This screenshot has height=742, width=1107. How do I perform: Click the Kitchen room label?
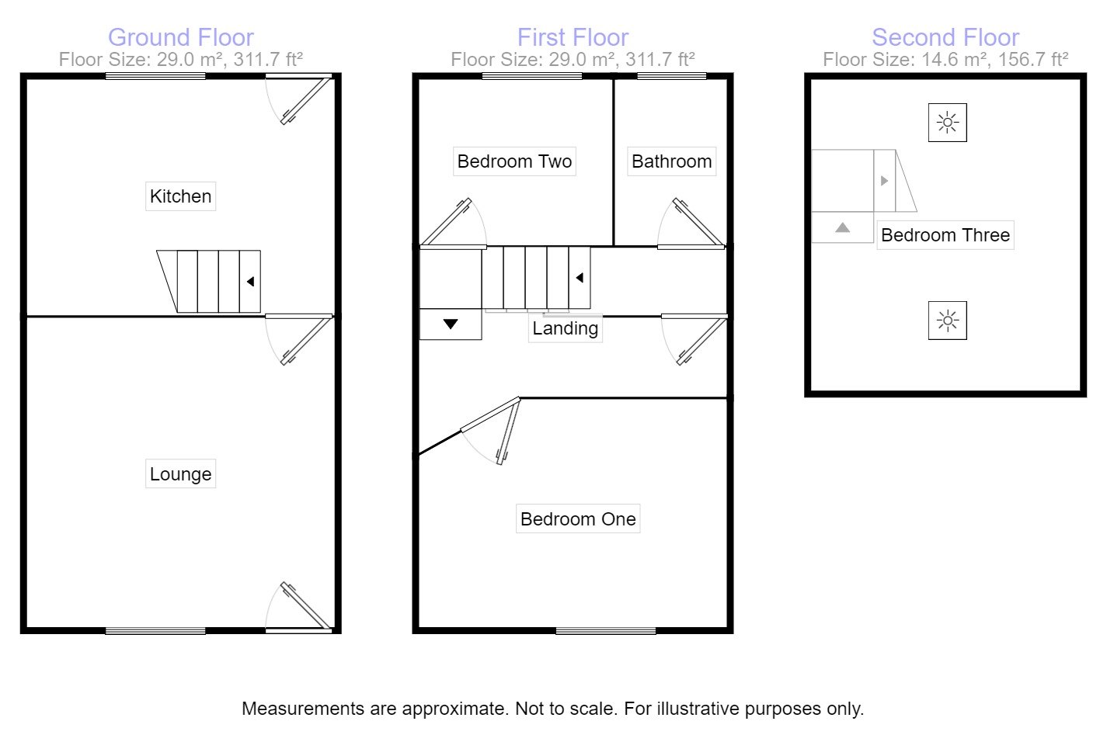pos(180,196)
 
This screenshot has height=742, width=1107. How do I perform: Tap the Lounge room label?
pos(180,474)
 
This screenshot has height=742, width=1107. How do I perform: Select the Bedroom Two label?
pos(514,161)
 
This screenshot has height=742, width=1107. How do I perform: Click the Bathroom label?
pos(672,161)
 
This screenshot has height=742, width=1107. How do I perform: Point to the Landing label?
pos(565,328)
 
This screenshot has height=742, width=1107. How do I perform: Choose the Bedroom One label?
pos(578,519)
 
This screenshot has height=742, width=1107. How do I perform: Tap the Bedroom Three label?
pos(945,235)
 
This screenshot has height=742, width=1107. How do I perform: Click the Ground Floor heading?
pos(180,37)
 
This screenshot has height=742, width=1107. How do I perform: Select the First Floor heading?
pos(573,37)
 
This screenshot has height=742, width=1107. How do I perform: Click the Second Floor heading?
pos(945,37)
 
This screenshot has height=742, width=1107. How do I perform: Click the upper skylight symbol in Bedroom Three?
pos(947,123)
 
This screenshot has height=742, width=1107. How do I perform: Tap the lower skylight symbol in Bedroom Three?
pos(947,321)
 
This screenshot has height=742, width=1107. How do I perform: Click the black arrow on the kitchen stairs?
pos(250,282)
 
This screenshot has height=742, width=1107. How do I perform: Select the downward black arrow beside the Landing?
pos(451,324)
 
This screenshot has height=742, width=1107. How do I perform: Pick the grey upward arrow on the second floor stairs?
pos(842,228)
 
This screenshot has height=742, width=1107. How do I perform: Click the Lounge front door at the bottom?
pos(306,606)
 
